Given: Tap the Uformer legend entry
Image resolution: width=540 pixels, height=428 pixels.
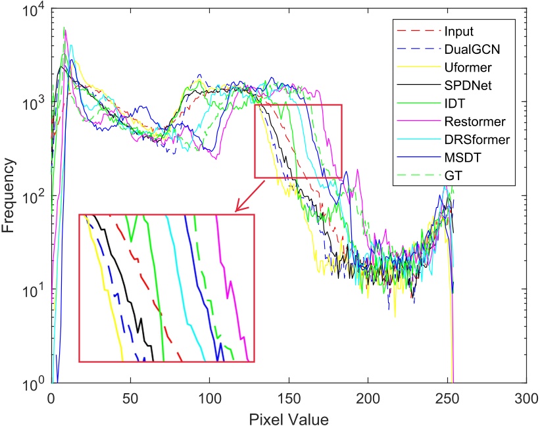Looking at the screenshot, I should (x=466, y=68).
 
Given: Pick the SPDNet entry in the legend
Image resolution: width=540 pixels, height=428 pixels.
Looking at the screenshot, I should (x=465, y=85).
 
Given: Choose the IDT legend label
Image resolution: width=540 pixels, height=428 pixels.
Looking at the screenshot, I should (x=453, y=103).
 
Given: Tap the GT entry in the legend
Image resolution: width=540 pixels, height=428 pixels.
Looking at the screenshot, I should (x=452, y=175).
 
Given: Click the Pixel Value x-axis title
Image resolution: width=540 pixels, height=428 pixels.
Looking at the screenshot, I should (x=287, y=417).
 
